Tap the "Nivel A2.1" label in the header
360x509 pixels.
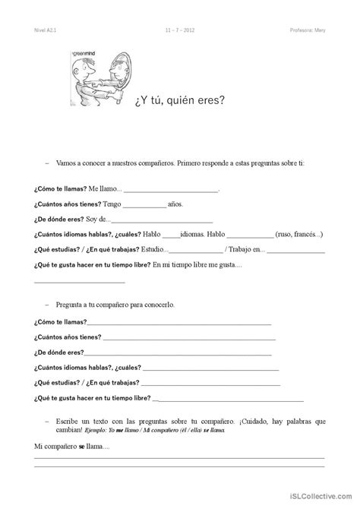[x=46, y=32]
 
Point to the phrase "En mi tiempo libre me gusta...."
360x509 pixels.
[x=197, y=264]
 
